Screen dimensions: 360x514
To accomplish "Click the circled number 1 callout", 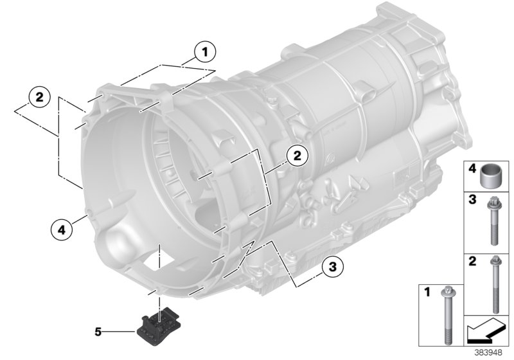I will click(x=206, y=50).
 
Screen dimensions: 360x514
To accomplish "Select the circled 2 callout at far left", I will click(x=39, y=98).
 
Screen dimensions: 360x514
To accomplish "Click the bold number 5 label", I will click(x=98, y=332).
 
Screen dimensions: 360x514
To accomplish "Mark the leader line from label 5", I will click(x=119, y=332).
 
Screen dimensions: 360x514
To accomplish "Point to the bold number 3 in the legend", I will click(x=471, y=201).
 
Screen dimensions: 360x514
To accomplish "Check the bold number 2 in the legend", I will click(x=471, y=262).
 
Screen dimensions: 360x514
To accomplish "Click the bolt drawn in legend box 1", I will click(x=445, y=315).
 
